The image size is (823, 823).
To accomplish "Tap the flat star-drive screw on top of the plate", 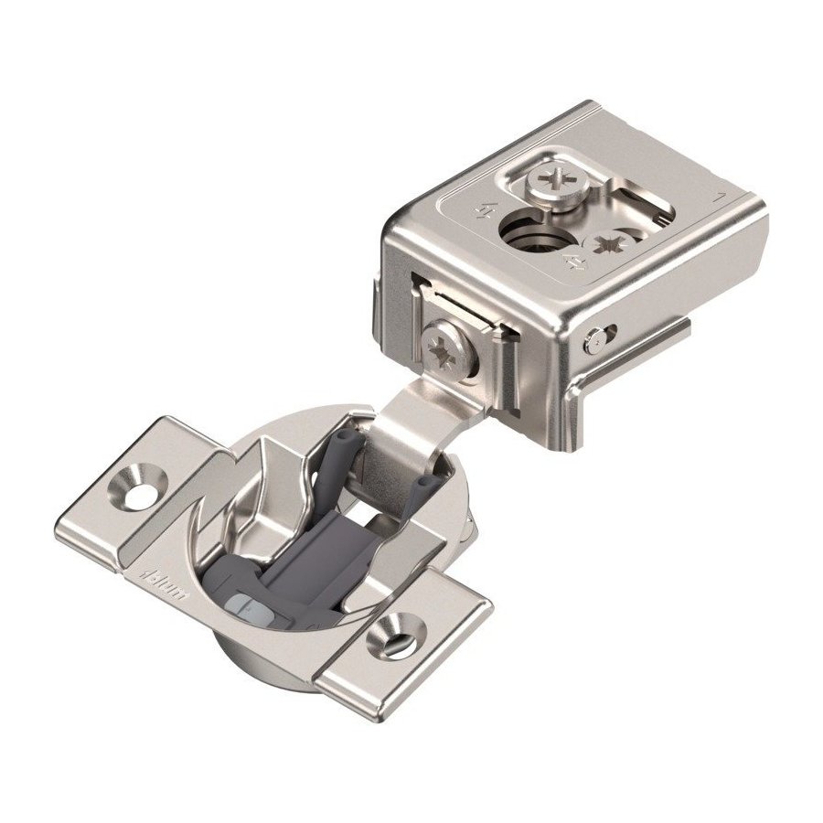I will (x=608, y=246).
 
